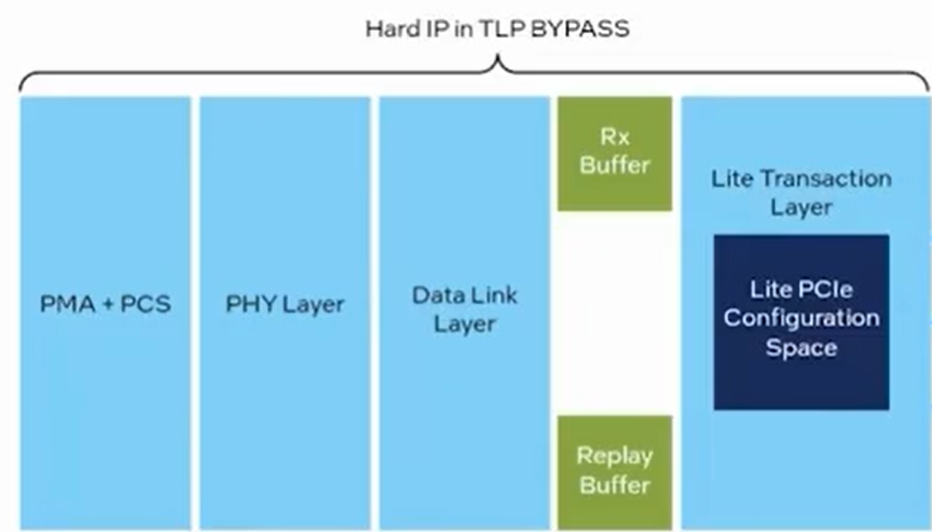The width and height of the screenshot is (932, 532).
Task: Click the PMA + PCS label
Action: click(x=105, y=305)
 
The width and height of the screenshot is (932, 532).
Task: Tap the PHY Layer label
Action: click(x=285, y=305)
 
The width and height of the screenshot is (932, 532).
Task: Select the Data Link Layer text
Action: click(x=465, y=309)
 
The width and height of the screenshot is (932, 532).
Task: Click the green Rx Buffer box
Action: click(x=615, y=153)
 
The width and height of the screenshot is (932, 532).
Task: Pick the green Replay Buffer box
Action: click(x=615, y=471)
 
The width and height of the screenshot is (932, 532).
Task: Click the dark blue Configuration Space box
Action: click(x=801, y=322)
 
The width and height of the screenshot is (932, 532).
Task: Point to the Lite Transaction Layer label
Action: click(x=801, y=193)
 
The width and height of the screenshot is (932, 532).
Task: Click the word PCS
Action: click(x=146, y=305)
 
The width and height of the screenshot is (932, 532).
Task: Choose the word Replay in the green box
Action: click(x=615, y=456)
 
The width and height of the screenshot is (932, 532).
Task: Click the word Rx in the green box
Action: click(x=615, y=138)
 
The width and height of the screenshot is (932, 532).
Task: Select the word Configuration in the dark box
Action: click(x=801, y=319)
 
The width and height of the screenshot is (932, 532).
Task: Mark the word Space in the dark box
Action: click(x=801, y=348)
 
